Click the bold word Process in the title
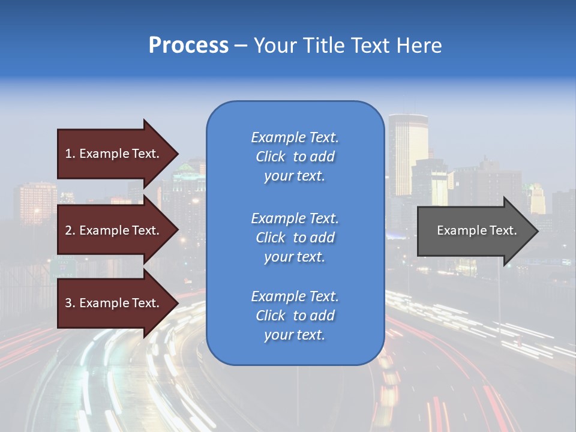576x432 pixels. [x=188, y=46]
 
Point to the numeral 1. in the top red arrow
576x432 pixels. [x=70, y=154]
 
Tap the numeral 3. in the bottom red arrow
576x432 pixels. [x=70, y=303]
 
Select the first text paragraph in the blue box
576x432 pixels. [x=295, y=157]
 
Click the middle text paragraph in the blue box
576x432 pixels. [x=295, y=238]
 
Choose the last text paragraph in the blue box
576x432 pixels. [x=295, y=316]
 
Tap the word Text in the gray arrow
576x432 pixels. [x=502, y=230]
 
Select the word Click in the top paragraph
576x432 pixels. [x=271, y=157]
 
